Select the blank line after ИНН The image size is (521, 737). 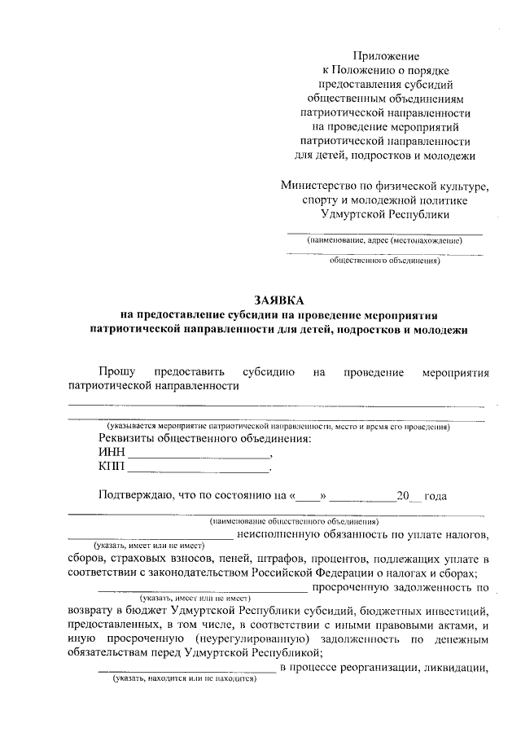199,456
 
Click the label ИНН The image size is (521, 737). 111,454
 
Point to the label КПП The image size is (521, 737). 112,467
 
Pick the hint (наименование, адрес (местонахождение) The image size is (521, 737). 383,241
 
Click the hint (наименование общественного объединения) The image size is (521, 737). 292,520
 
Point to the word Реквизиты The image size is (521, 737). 126,440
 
